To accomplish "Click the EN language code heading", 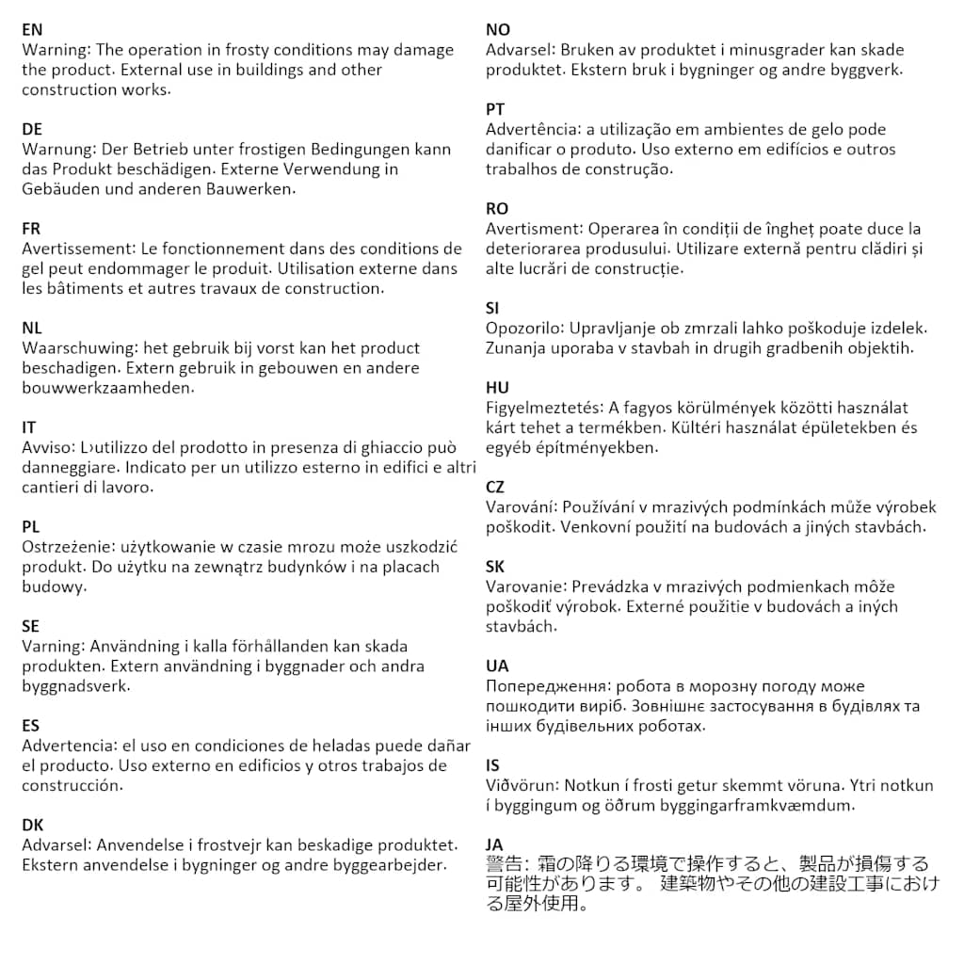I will coord(32,30).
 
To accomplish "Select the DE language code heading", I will coord(32,129).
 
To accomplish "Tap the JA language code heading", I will coord(495,844).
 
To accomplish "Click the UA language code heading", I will coord(497,666).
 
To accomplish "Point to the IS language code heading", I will coord(492,764).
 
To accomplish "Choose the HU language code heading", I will coord(497,388).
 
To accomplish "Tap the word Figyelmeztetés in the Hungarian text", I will coord(544,409).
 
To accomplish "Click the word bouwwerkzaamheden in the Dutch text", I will coord(108,388).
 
